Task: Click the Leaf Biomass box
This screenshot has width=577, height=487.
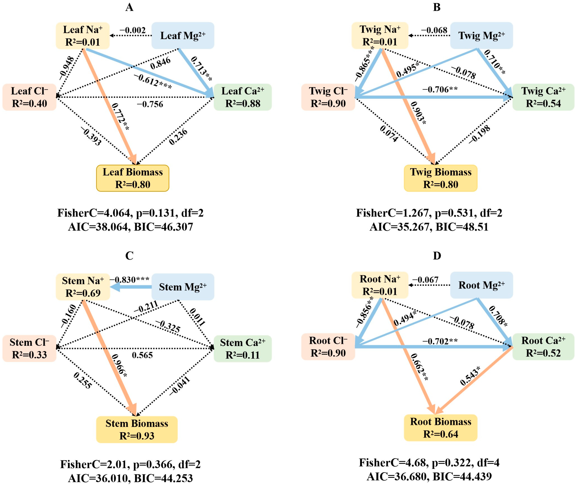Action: coord(133,178)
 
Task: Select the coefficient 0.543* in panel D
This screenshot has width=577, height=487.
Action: coord(470,376)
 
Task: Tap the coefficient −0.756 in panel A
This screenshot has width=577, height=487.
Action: coord(150,104)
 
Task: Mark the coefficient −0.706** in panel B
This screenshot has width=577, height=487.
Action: coord(440,89)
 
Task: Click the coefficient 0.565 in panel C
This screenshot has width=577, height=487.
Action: coord(142,355)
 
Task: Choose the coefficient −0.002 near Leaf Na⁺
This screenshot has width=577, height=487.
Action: coord(133,30)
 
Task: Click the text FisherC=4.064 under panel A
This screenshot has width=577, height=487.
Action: coord(93,213)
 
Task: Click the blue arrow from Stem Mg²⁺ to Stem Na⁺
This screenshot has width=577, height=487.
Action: coord(131,287)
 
